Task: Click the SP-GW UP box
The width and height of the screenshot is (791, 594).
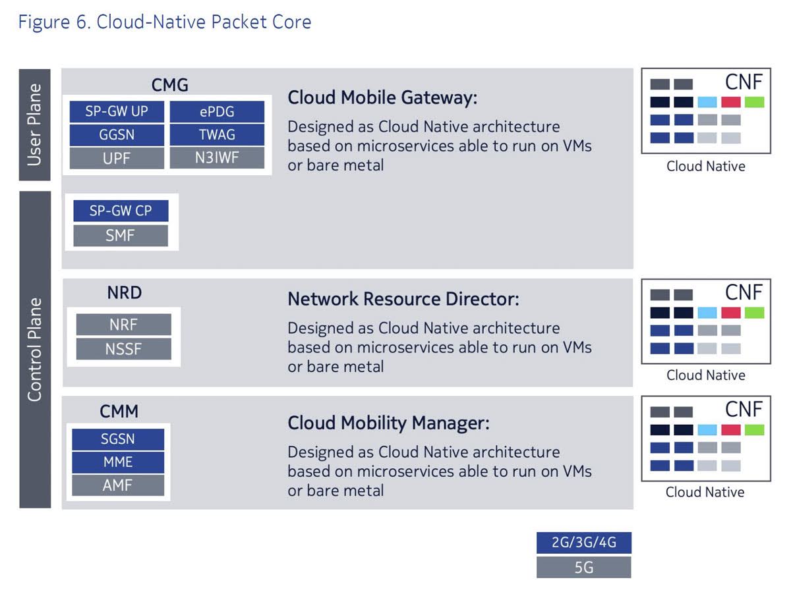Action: coord(117,112)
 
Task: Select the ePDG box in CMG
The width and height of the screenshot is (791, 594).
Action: coord(217,112)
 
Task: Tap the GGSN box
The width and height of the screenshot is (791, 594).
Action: coord(117,135)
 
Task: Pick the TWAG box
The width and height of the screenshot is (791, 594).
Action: coord(217,135)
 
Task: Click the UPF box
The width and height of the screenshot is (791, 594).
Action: coord(117,158)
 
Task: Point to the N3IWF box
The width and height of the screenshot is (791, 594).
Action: coord(217,158)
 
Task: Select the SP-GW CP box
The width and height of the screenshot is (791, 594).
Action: coord(121,211)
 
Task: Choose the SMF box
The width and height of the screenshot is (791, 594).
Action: coord(121,235)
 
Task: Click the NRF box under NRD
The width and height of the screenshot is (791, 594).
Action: coord(123,325)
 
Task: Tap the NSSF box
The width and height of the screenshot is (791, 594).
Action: coord(123,348)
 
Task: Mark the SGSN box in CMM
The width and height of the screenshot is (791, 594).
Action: coord(118,439)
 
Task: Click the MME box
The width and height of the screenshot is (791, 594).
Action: coord(118,462)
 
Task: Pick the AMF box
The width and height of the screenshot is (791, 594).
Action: coord(118,485)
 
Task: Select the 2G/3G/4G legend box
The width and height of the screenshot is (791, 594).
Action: coord(584,543)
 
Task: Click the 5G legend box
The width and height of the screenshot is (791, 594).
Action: coord(584,567)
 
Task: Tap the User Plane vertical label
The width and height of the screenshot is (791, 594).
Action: coord(35,124)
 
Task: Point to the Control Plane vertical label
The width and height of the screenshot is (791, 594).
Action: coord(35,350)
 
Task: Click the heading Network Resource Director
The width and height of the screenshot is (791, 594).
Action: coord(403,299)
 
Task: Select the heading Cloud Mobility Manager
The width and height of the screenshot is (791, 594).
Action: coord(388,423)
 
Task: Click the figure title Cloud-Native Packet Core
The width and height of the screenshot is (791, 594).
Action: coord(165,22)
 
